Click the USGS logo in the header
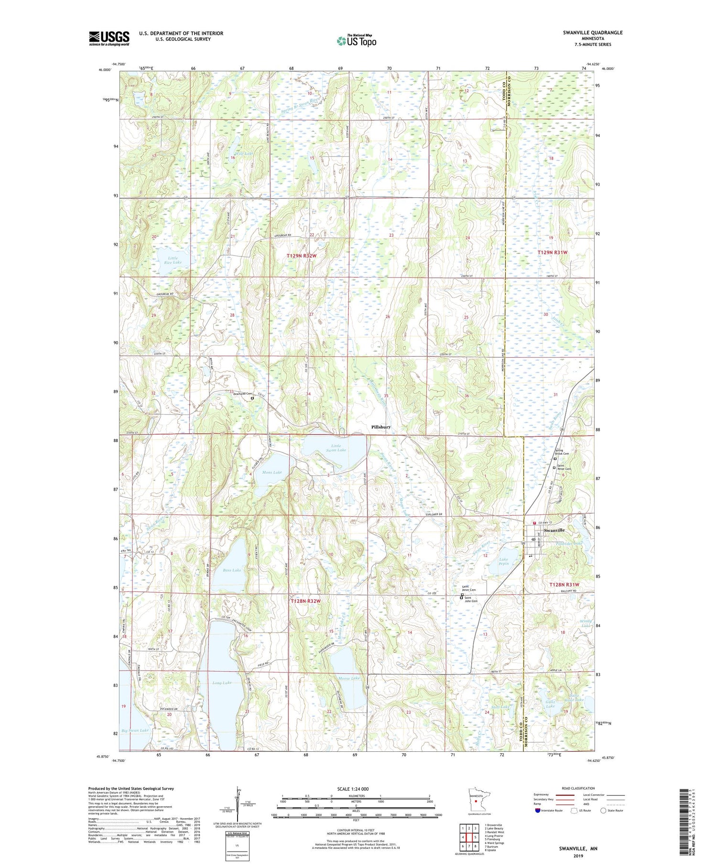[x=109, y=38]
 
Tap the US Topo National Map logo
[x=356, y=41]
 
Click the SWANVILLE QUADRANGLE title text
[x=592, y=32]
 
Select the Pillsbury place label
[x=381, y=427]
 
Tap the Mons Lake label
[x=272, y=472]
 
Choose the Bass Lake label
[x=232, y=570]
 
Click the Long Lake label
[x=222, y=683]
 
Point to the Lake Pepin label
[x=503, y=562]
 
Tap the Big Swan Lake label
[x=135, y=731]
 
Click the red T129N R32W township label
[x=302, y=256]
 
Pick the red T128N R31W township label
[x=564, y=585]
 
